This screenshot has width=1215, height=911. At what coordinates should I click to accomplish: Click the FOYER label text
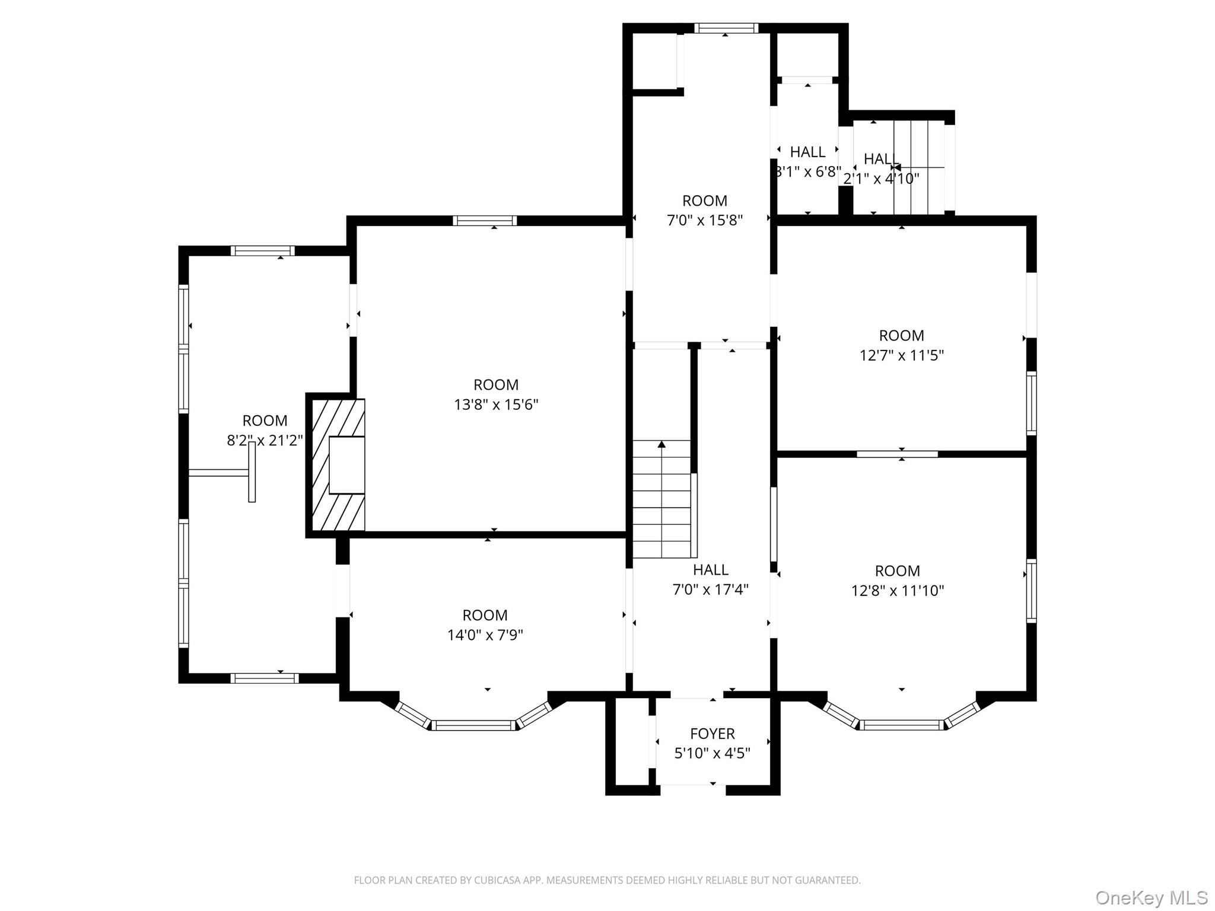[x=712, y=734]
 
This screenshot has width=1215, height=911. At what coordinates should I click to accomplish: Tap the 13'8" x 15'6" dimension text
[x=496, y=404]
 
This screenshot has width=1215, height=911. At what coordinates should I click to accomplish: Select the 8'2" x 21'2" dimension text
[x=265, y=440]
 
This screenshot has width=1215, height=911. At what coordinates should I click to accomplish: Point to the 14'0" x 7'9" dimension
[x=485, y=635]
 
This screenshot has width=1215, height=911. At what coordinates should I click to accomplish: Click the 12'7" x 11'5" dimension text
[x=901, y=355]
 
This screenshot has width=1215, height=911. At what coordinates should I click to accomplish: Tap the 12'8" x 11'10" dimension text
[x=897, y=591]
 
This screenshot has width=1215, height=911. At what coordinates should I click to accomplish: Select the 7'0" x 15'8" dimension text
[x=704, y=220]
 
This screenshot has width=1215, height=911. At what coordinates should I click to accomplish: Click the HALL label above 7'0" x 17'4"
[x=710, y=570]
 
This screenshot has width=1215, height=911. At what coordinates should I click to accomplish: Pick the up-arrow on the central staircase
[x=661, y=445]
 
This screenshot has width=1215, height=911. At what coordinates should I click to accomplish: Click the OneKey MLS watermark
[x=1151, y=897]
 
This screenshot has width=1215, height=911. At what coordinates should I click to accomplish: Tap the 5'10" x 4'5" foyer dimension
[x=712, y=753]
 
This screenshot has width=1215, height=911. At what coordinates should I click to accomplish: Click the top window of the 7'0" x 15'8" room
[x=726, y=28]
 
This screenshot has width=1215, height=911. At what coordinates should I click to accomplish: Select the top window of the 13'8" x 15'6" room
[x=485, y=221]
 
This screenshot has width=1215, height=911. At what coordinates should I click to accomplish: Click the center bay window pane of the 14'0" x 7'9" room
[x=473, y=725]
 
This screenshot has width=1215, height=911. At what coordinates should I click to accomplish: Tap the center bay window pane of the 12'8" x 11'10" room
[x=901, y=725]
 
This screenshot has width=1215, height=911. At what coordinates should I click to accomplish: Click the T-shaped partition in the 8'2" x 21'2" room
[x=251, y=472]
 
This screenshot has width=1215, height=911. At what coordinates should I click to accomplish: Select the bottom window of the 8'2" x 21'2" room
[x=264, y=678]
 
